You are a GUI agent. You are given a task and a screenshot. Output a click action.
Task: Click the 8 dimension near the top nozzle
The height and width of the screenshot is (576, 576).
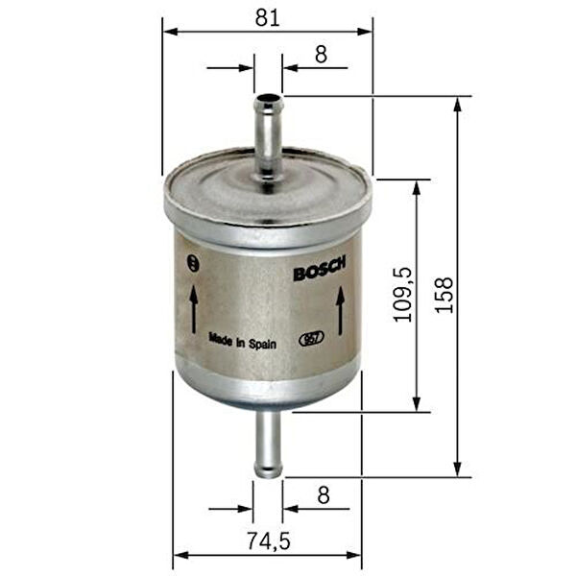coord(321,55)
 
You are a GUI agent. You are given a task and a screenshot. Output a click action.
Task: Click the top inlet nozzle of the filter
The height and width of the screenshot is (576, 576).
coord(268,134)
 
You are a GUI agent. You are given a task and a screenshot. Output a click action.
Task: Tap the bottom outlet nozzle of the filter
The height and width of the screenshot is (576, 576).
coord(268,444)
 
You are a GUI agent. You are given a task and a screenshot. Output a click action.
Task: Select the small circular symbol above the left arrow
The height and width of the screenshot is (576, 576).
coord(195,263)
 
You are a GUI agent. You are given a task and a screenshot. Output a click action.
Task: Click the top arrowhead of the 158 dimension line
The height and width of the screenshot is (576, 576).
coord(458,102)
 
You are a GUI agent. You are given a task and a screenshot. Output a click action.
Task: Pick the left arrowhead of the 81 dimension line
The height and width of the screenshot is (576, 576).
coord(169,32)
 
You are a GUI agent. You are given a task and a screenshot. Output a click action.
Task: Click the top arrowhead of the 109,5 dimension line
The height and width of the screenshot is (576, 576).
coord(417,185)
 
